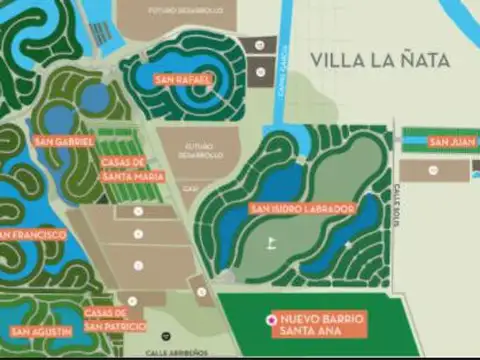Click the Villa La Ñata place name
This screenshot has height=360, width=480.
point(379,60)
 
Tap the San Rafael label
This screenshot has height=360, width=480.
point(183,80)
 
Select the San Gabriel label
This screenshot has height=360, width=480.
point(64,141)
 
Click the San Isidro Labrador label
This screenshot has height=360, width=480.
point(302,208)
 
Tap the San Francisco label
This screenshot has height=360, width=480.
point(32,235)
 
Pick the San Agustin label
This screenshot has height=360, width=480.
point(41,331)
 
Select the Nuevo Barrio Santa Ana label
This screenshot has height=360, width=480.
point(323,323)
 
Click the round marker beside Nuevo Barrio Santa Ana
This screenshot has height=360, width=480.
point(270,318)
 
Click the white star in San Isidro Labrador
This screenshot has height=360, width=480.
point(348,244)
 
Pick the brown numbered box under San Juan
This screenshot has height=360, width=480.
point(432,170)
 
